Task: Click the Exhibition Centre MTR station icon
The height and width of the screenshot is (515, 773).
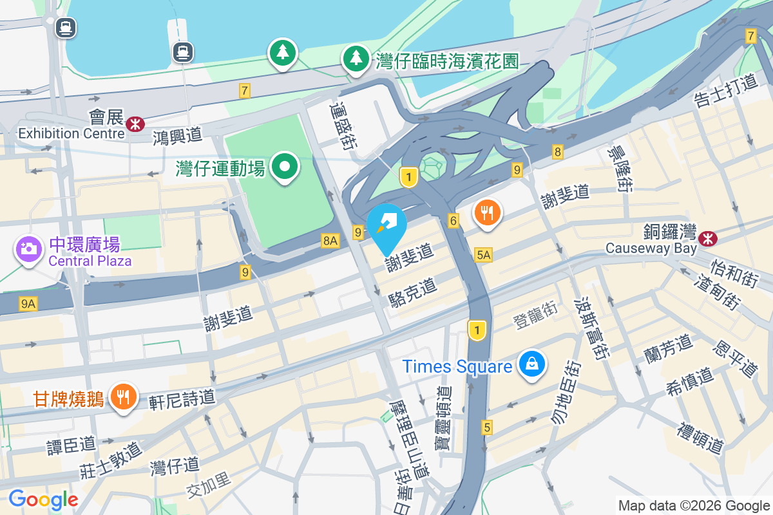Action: click(x=135, y=124)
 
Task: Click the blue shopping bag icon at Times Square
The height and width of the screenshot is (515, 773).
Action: click(x=532, y=364)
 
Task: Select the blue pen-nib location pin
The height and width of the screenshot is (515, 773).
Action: click(x=386, y=226)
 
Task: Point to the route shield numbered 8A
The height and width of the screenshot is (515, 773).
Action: click(x=330, y=241)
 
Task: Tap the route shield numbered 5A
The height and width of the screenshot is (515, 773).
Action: click(x=483, y=255)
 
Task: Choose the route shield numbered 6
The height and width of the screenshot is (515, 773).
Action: click(x=453, y=221)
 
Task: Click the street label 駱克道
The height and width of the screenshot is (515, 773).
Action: click(x=412, y=292)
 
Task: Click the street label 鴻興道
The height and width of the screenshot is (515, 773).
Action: click(x=178, y=135)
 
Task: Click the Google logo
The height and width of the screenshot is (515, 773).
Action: click(x=43, y=500)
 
